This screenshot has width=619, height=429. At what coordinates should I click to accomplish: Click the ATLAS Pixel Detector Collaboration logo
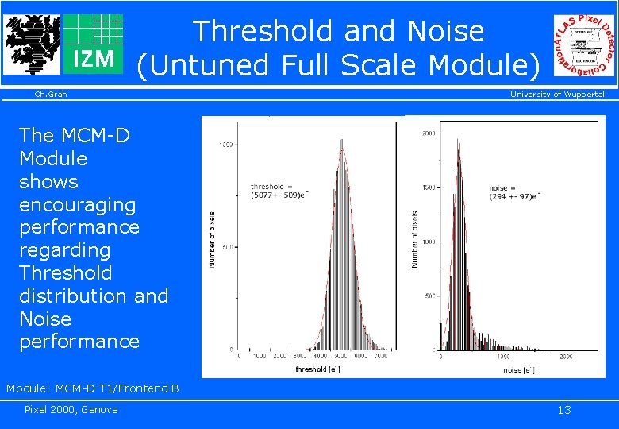(584, 45)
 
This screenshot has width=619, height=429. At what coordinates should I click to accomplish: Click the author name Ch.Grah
(51, 95)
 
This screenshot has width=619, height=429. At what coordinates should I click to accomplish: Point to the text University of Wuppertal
(556, 95)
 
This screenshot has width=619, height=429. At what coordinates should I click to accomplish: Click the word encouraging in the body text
(78, 204)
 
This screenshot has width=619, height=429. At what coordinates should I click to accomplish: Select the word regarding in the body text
(64, 249)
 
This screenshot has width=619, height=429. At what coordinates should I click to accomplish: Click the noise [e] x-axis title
(521, 369)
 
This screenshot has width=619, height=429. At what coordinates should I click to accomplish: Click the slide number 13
(563, 410)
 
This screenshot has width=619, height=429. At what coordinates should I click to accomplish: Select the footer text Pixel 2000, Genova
(71, 409)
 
